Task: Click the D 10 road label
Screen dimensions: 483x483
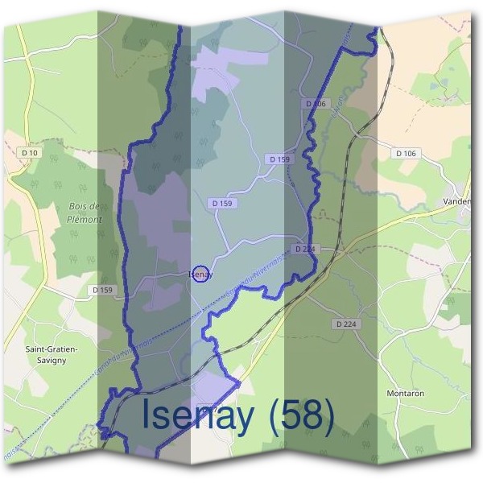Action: [x=31, y=152]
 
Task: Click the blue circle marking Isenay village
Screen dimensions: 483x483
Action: [x=201, y=275]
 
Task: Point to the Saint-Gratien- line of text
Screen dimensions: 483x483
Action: [x=52, y=349]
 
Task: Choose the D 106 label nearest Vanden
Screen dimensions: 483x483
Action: [x=406, y=152]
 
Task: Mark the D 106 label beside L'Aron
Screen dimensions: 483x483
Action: [x=315, y=104]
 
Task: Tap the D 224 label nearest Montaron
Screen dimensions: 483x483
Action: [x=345, y=324]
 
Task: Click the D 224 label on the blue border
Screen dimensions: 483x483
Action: [x=304, y=249]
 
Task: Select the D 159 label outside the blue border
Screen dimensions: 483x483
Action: [x=103, y=290]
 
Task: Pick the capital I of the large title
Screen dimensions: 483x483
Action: [x=147, y=415]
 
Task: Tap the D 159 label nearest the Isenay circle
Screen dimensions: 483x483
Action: [x=222, y=204]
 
